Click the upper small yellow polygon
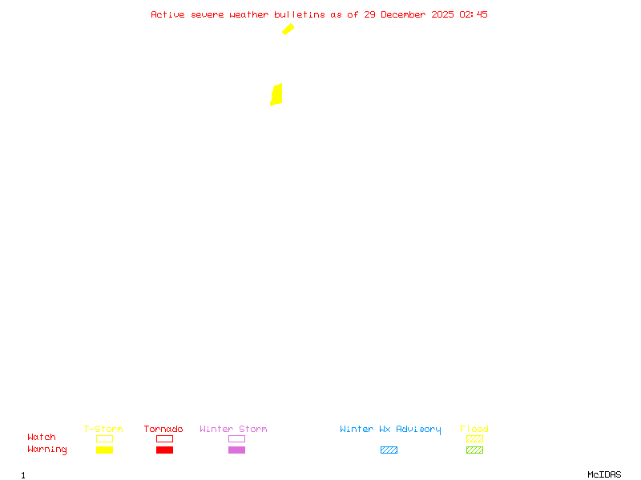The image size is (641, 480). [288, 30]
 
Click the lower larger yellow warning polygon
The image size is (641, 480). [276, 94]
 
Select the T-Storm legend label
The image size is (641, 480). [103, 429]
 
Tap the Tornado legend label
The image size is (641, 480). [163, 429]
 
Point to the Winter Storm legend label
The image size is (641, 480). [233, 429]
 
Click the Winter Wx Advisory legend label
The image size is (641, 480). [390, 429]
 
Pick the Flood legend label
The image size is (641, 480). [474, 429]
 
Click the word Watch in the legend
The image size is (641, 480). [42, 438]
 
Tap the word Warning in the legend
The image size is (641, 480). [47, 450]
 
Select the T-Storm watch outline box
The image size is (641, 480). [104, 438]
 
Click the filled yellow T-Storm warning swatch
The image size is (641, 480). [104, 450]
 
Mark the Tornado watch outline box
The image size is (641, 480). [164, 438]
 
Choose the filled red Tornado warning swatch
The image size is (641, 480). [164, 450]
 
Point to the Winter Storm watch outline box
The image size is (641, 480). [236, 438]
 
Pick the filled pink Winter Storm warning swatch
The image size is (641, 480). [236, 450]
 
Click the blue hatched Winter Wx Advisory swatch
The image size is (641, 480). [389, 450]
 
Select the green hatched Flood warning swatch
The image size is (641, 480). [474, 450]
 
